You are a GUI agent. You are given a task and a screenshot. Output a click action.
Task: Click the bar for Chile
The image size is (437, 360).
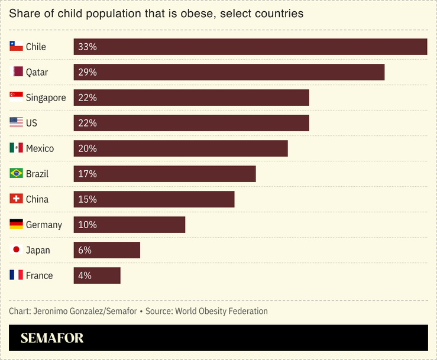coord(250,47)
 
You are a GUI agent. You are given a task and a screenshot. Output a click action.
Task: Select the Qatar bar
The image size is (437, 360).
coord(229,72)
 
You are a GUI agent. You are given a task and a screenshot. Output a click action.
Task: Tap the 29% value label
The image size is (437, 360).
coord(87,72)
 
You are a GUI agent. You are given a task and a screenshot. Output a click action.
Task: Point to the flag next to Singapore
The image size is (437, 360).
coord(16,98)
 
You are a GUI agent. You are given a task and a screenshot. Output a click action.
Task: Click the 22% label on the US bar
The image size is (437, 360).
coord(87,123)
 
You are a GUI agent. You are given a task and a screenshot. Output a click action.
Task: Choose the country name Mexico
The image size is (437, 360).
coord(40,148)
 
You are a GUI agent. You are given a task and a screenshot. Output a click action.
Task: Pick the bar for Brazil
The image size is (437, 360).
coord(164,174)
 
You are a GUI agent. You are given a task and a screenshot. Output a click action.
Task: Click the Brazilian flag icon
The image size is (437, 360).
coord(16,174)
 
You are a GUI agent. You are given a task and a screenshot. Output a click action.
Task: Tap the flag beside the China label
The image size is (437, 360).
coord(16,199)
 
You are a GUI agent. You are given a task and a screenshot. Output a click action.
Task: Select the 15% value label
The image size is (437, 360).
coord(87,199)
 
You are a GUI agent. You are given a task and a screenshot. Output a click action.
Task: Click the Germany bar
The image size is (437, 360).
coord(129,225)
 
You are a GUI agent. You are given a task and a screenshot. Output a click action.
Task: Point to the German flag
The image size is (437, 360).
coord(16,225)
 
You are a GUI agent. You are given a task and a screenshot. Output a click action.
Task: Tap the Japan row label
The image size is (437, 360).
coord(38,250)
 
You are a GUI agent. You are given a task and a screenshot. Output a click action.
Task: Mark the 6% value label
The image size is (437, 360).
coord(85,250)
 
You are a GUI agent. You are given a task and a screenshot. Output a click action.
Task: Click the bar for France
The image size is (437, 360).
coord(97,275)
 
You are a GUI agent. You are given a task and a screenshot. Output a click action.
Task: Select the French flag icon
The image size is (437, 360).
coord(16,275)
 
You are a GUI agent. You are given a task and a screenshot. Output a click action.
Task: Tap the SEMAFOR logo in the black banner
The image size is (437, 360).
coord(52,338)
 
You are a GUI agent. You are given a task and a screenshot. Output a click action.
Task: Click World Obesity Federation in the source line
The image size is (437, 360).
coord(221,311)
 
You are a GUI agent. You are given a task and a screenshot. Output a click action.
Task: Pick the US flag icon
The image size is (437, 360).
coord(16,123)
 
